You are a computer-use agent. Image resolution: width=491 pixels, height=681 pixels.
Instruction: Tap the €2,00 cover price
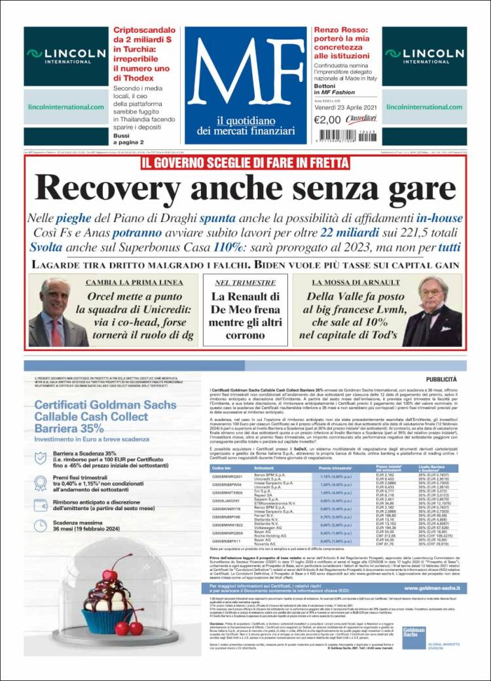(x=327, y=120)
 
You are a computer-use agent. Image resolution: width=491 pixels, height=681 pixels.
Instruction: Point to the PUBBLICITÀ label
(x=441, y=379)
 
